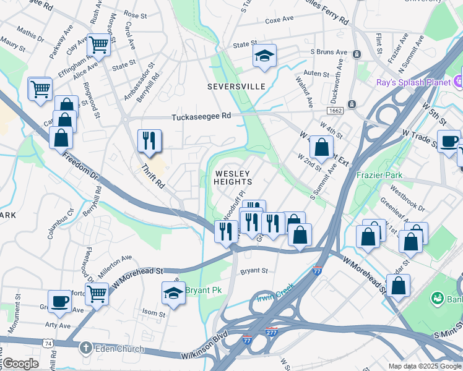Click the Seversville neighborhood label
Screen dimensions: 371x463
(x=236, y=87)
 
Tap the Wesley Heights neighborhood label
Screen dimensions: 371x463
(x=233, y=178)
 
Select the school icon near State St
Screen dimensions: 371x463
(x=264, y=56)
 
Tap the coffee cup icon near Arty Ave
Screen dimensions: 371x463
(x=59, y=301)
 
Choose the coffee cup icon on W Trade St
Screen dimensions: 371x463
(x=449, y=142)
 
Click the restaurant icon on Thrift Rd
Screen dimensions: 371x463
(x=149, y=141)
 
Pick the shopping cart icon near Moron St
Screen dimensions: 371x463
(x=98, y=45)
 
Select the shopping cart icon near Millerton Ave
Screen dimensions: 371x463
(x=97, y=294)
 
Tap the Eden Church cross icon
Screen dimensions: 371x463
(x=86, y=348)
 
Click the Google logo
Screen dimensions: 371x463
(x=20, y=364)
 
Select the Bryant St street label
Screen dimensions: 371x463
(x=254, y=271)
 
